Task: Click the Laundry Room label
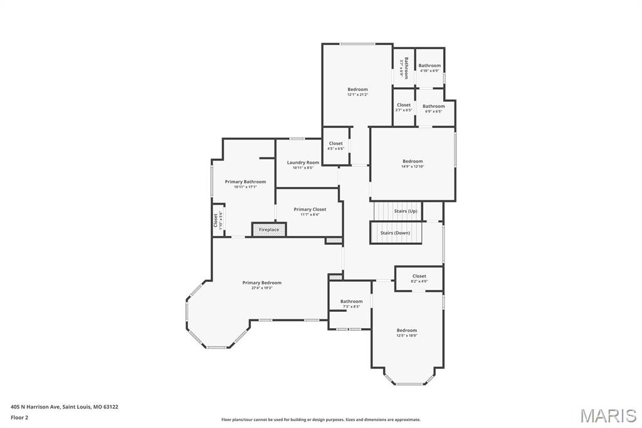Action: tap(303, 163)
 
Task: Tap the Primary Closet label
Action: tap(310, 210)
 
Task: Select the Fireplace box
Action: tap(269, 230)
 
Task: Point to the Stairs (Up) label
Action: tap(405, 211)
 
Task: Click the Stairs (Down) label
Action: tap(395, 233)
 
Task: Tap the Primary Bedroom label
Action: tap(261, 282)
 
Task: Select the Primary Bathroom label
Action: tap(245, 181)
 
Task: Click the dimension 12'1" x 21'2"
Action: tap(357, 95)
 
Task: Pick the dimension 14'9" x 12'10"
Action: tap(413, 166)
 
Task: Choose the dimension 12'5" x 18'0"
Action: tap(406, 336)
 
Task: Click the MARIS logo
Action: tap(608, 415)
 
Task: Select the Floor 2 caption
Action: tap(19, 417)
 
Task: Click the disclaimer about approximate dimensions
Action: tap(320, 420)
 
